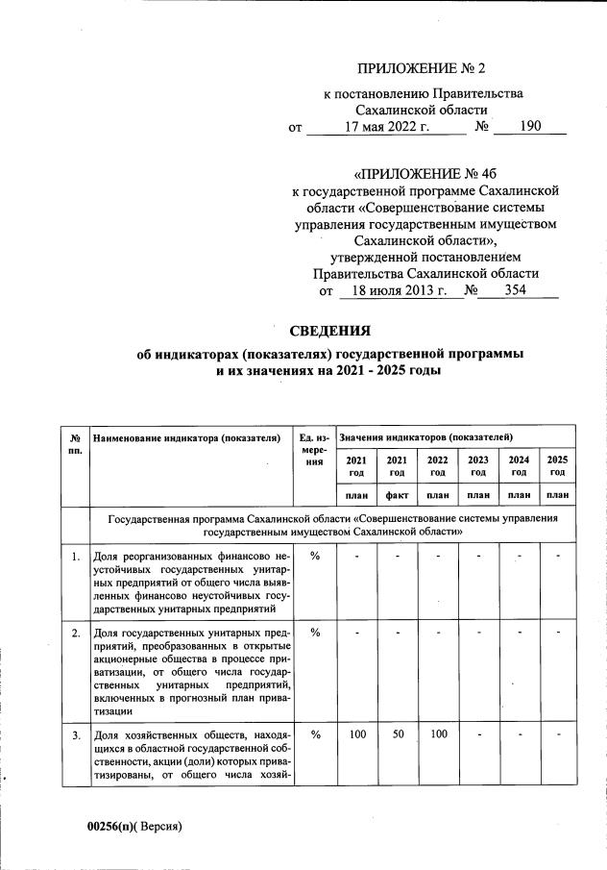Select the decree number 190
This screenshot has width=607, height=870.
pos(530,127)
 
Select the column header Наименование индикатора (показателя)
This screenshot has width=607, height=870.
pos(192,438)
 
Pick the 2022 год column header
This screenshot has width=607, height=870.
pos(438,466)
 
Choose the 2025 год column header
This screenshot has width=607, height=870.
pos(557,466)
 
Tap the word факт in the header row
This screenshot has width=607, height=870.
pos(397,495)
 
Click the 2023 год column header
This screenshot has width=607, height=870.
pos(478,466)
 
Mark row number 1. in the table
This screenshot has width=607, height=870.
pos(74,556)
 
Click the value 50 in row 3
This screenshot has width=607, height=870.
pos(397,735)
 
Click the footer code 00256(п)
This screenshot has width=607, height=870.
pos(113,826)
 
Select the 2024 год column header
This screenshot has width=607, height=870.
pos(519,466)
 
